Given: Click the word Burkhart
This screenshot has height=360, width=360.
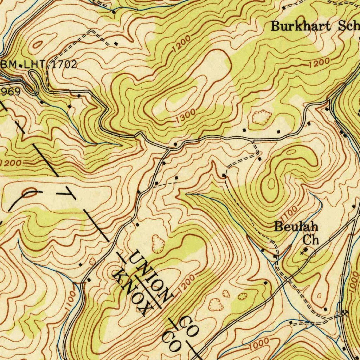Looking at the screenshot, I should [301, 26].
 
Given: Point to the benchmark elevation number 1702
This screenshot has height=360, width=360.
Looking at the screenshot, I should [64, 64].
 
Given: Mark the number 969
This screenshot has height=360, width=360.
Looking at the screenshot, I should [11, 92].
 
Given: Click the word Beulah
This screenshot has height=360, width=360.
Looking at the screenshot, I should [296, 227].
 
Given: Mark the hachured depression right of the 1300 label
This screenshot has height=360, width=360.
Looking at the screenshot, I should [261, 117].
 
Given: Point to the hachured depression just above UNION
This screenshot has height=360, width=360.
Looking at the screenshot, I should [158, 244].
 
